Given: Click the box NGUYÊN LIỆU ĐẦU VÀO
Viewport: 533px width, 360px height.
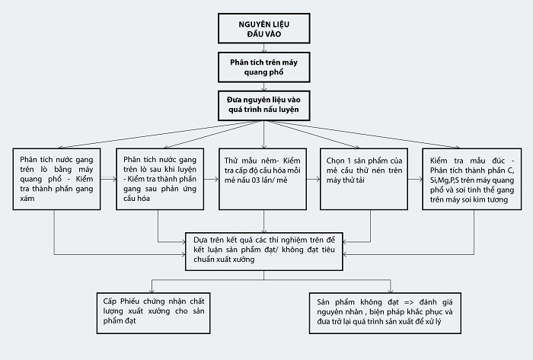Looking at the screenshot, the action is pyautogui.click(x=263, y=28).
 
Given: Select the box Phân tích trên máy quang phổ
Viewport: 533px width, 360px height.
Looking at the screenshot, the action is pyautogui.click(x=263, y=67).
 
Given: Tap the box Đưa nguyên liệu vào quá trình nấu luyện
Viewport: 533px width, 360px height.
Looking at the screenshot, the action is pyautogui.click(x=263, y=105).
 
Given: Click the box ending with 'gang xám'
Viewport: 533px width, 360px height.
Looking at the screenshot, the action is pyautogui.click(x=57, y=179).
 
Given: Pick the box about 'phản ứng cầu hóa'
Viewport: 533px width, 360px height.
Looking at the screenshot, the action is pyautogui.click(x=160, y=179).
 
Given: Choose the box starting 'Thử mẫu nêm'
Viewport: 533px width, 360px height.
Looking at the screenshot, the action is pyautogui.click(x=263, y=179).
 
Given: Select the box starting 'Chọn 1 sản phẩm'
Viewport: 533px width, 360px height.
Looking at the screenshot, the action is pyautogui.click(x=364, y=179).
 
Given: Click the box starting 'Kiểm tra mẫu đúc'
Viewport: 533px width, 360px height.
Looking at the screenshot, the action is pyautogui.click(x=472, y=179).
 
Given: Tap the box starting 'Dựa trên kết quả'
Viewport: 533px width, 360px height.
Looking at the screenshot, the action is pyautogui.click(x=263, y=252).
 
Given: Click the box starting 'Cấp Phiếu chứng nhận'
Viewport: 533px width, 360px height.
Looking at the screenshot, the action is pyautogui.click(x=153, y=313).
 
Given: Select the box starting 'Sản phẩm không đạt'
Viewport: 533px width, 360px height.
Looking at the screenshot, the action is pyautogui.click(x=385, y=313).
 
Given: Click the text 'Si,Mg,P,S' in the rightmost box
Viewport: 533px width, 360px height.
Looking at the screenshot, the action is pyautogui.click(x=445, y=180).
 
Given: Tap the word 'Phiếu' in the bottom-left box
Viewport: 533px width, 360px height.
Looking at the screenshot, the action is pyautogui.click(x=130, y=301).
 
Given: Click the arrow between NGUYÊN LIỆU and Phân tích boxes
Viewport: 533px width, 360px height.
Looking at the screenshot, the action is pyautogui.click(x=263, y=48).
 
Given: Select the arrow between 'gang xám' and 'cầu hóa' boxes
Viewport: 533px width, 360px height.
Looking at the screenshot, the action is pyautogui.click(x=108, y=179).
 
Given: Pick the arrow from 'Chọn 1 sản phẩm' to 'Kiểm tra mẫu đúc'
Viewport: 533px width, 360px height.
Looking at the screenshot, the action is pyautogui.click(x=415, y=179).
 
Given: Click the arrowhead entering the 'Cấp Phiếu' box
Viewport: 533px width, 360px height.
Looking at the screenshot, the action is pyautogui.click(x=152, y=290).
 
